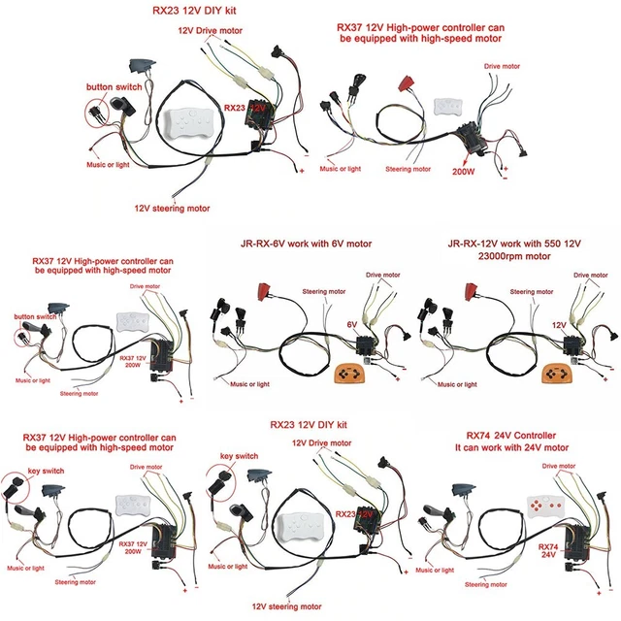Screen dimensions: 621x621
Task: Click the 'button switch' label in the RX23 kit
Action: coord(114,87)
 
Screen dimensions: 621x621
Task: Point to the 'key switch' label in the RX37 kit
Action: coord(27,464)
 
